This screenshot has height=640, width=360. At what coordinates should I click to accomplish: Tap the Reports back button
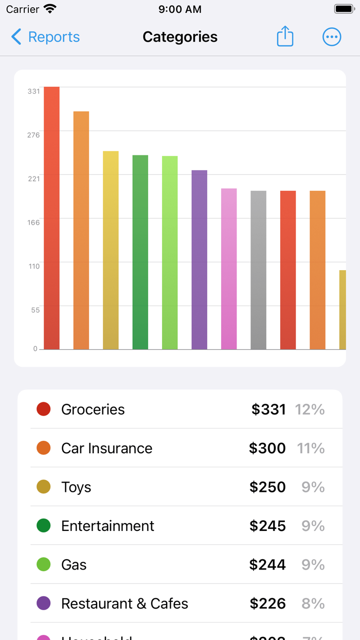[45, 37]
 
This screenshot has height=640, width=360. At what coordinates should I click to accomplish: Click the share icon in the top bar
[285, 37]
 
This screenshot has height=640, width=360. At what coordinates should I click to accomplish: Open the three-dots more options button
[332, 37]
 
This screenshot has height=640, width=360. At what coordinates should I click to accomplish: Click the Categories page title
[180, 37]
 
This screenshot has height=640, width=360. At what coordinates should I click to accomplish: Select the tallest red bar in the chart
[51, 218]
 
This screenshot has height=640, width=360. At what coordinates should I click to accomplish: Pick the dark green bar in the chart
[140, 252]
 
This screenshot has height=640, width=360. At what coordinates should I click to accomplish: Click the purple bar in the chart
[200, 260]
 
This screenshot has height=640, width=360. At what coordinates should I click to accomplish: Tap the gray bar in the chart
[259, 270]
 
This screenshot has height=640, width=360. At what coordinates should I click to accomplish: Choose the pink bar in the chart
[229, 269]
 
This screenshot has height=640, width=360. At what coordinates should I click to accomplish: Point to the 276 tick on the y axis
[33, 135]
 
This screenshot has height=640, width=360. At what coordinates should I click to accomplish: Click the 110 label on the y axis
[33, 266]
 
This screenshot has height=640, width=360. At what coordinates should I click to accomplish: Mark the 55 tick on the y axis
[34, 310]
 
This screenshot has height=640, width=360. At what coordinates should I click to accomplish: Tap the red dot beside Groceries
[44, 409]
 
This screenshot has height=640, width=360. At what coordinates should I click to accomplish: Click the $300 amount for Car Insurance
[267, 448]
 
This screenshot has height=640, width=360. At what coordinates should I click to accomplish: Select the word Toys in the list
[76, 487]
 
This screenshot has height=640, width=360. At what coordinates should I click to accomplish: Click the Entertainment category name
[107, 526]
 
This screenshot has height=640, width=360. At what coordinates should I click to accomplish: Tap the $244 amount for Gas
[267, 565]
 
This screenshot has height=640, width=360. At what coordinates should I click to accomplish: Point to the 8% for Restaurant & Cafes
[313, 603]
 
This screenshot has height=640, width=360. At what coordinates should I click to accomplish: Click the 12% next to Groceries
[310, 410]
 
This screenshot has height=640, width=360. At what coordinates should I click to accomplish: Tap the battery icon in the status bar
[344, 9]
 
